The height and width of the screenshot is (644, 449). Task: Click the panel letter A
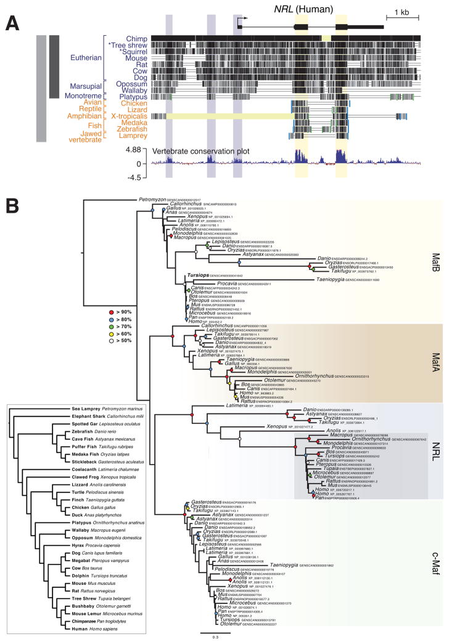(11, 23)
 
